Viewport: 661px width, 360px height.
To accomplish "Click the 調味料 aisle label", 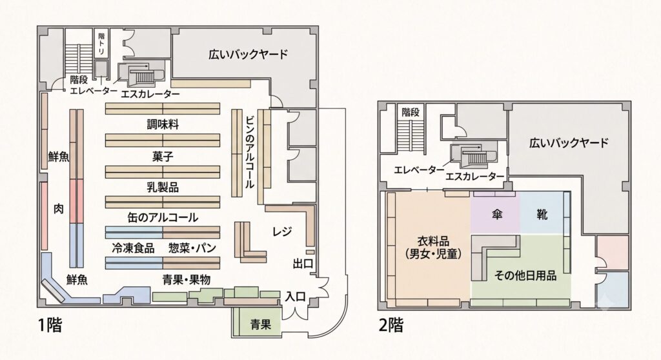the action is click(x=163, y=125).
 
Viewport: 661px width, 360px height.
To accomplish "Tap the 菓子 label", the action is click(x=163, y=157).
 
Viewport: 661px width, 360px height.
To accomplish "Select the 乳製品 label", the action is click(x=163, y=187).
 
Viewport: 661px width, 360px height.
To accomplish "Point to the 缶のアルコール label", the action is click(x=163, y=217).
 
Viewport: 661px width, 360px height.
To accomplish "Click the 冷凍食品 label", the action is click(x=133, y=248).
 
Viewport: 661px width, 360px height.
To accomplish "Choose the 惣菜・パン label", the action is click(x=192, y=248).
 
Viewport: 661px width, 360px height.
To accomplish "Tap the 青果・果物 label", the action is click(x=187, y=279).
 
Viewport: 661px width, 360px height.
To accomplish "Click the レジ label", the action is click(x=282, y=231).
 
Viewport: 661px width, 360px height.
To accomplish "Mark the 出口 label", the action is click(x=303, y=265).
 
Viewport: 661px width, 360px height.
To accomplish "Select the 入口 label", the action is click(x=295, y=296).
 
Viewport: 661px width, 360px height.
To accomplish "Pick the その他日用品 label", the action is click(x=525, y=275).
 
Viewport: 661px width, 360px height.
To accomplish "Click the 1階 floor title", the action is click(x=50, y=325).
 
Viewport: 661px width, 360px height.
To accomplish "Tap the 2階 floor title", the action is click(x=391, y=325).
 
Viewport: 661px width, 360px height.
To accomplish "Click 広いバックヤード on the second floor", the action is click(x=569, y=143).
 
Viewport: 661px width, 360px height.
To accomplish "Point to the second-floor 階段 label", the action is click(x=410, y=112).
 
